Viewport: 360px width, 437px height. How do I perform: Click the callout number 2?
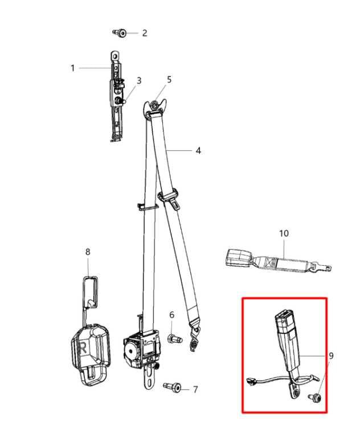tap(144, 33)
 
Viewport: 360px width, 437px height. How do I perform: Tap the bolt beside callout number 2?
tap(120, 33)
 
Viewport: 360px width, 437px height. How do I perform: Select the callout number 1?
tap(72, 68)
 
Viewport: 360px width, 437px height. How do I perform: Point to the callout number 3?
tap(139, 81)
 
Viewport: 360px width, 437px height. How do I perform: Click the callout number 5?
tap(169, 80)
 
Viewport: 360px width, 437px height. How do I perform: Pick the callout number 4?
tap(198, 151)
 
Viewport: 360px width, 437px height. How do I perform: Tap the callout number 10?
tap(284, 233)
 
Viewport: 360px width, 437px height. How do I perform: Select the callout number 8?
tap(88, 252)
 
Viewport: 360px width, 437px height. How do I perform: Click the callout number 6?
tap(171, 315)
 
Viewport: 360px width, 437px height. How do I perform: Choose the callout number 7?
tap(195, 389)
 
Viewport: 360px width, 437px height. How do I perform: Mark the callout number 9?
tap(331, 356)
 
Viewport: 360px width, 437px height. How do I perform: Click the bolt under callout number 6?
tap(175, 339)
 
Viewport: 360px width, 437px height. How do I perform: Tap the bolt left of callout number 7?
tap(172, 387)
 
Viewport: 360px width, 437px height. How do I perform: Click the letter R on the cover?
tap(83, 348)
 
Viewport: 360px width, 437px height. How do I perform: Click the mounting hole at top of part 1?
tap(114, 56)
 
